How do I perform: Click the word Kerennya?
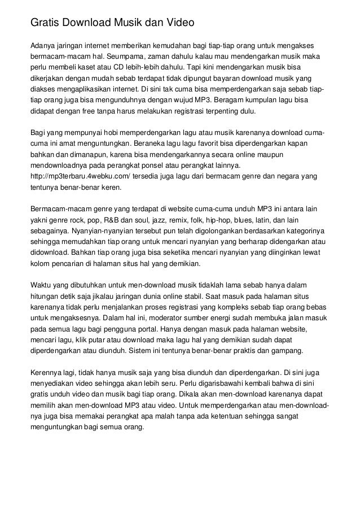coord(47,372)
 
